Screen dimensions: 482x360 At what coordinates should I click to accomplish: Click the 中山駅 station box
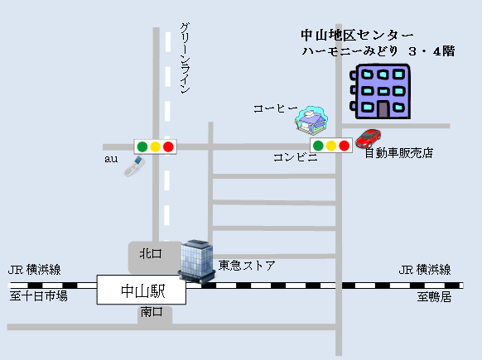click(x=142, y=290)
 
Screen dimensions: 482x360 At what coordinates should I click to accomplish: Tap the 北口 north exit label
click(x=151, y=254)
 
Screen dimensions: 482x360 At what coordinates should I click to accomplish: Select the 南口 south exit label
click(x=152, y=312)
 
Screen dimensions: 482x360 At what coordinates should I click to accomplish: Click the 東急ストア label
click(x=247, y=266)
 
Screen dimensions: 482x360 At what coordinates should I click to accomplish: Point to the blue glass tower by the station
click(x=197, y=261)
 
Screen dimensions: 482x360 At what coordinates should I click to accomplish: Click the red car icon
click(x=369, y=138)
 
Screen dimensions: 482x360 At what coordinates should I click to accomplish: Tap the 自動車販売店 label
click(x=398, y=152)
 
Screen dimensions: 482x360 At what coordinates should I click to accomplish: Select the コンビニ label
click(x=296, y=157)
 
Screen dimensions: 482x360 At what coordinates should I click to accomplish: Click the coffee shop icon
click(x=311, y=120)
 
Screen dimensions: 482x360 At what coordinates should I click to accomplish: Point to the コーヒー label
click(x=276, y=108)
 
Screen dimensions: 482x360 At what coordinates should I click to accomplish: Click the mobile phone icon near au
click(x=134, y=166)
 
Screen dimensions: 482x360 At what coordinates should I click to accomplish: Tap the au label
click(x=111, y=159)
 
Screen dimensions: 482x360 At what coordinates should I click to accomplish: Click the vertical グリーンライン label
click(x=185, y=58)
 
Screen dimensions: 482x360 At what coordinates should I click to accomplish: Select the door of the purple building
click(x=383, y=110)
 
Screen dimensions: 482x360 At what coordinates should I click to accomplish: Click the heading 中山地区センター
click(x=357, y=35)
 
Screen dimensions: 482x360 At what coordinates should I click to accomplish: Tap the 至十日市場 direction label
click(x=38, y=296)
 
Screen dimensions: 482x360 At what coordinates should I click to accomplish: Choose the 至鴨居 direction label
click(x=434, y=297)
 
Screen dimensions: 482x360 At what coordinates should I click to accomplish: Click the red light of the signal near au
click(x=168, y=146)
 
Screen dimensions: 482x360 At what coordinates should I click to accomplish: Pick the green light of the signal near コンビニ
click(x=318, y=146)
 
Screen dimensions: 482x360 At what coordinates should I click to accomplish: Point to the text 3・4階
click(x=431, y=51)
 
